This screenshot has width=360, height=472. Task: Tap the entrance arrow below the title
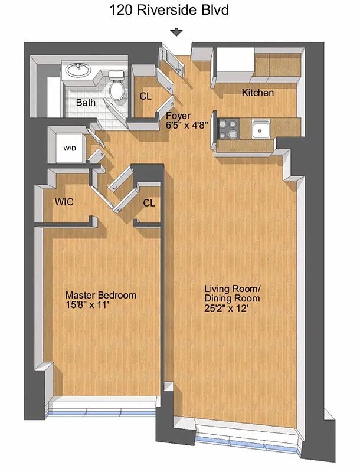pyautogui.click(x=176, y=33)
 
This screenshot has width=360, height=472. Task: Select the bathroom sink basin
pyautogui.click(x=77, y=71)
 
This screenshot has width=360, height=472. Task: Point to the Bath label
pyautogui.click(x=86, y=103)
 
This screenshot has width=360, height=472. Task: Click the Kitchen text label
pyautogui.click(x=257, y=93)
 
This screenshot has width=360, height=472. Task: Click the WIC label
pyautogui.click(x=64, y=202)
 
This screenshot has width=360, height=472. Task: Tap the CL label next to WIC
pyautogui.click(x=149, y=203)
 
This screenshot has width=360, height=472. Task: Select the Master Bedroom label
pyautogui.click(x=100, y=295)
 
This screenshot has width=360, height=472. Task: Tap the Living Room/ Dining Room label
pyautogui.click(x=232, y=293)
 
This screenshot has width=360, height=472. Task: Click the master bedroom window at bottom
pyautogui.click(x=104, y=411)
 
